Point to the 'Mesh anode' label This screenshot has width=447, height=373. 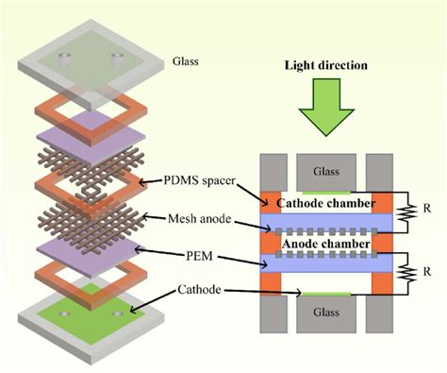tap(190, 214)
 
